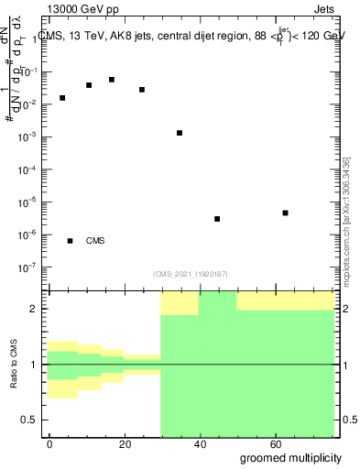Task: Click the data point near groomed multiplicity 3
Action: [62, 98]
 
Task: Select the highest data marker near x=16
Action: [112, 80]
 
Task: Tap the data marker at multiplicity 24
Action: [142, 90]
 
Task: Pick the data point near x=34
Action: [180, 133]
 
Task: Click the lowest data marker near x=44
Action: [217, 219]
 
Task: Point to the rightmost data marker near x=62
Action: [286, 213]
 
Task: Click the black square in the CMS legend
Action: [71, 241]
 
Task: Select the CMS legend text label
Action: [95, 241]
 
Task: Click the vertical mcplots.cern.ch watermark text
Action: [346, 220]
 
